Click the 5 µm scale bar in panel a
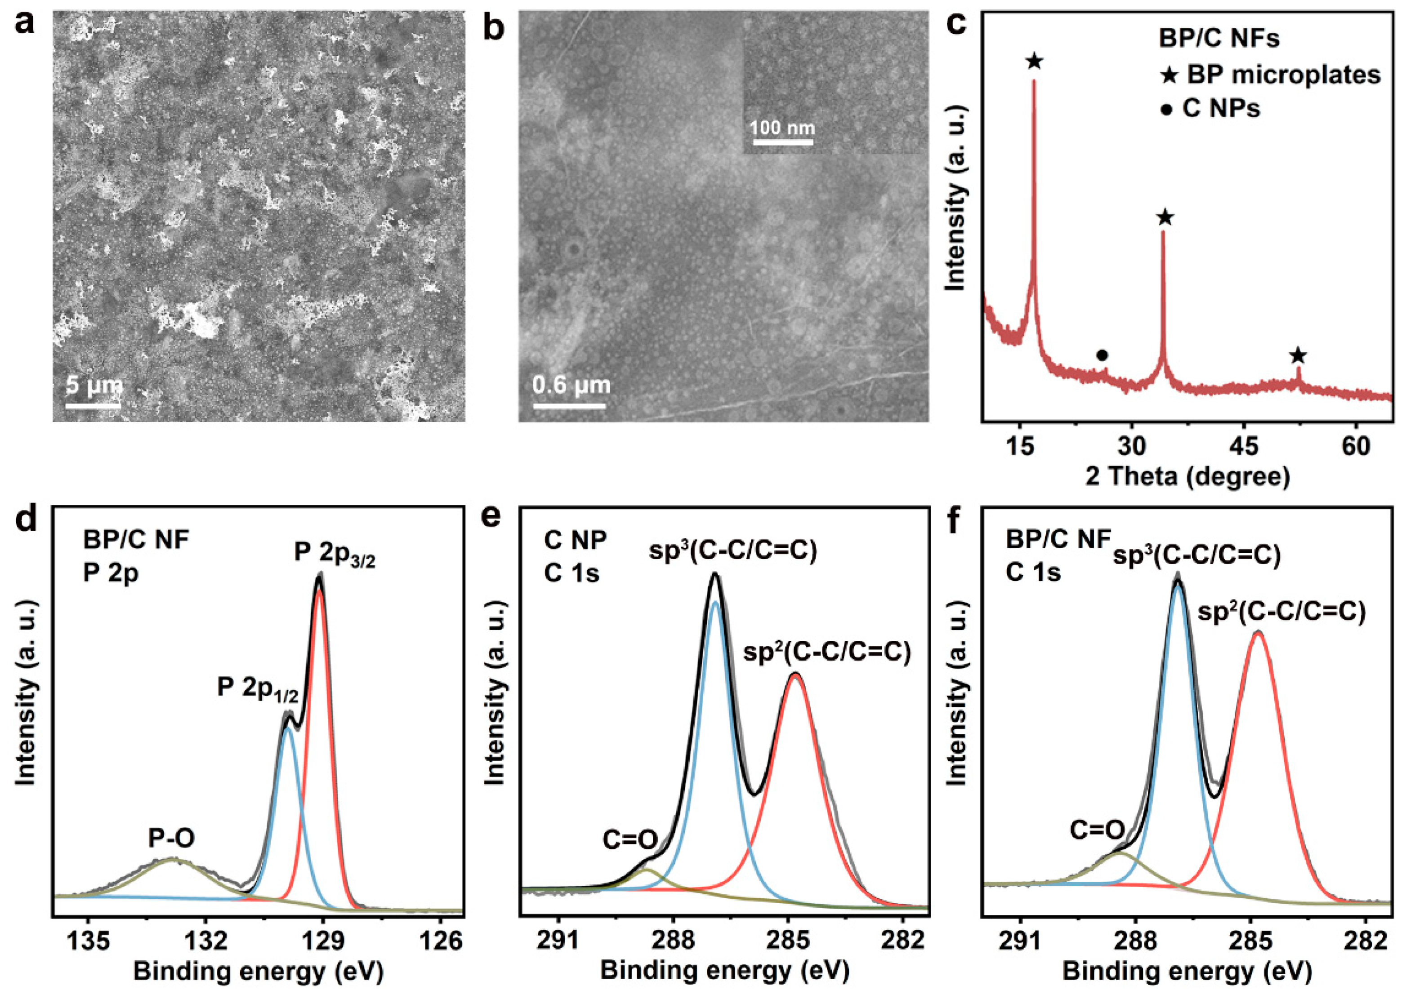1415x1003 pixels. coord(94,405)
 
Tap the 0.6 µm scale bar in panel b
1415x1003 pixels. coord(569,405)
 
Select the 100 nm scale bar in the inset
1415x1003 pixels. coord(781,142)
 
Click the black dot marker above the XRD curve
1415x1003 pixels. coord(1102,355)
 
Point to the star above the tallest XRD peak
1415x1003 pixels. coord(1034,62)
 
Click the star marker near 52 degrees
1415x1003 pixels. coord(1298,356)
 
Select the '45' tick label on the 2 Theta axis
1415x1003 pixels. coord(1243,447)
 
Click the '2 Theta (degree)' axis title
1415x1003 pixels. coord(1187,477)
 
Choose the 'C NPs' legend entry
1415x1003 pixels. coord(1211,109)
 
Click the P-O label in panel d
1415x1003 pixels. coord(171,839)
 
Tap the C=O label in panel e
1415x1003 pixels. coord(629,840)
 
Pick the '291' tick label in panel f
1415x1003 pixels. coord(1020,940)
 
